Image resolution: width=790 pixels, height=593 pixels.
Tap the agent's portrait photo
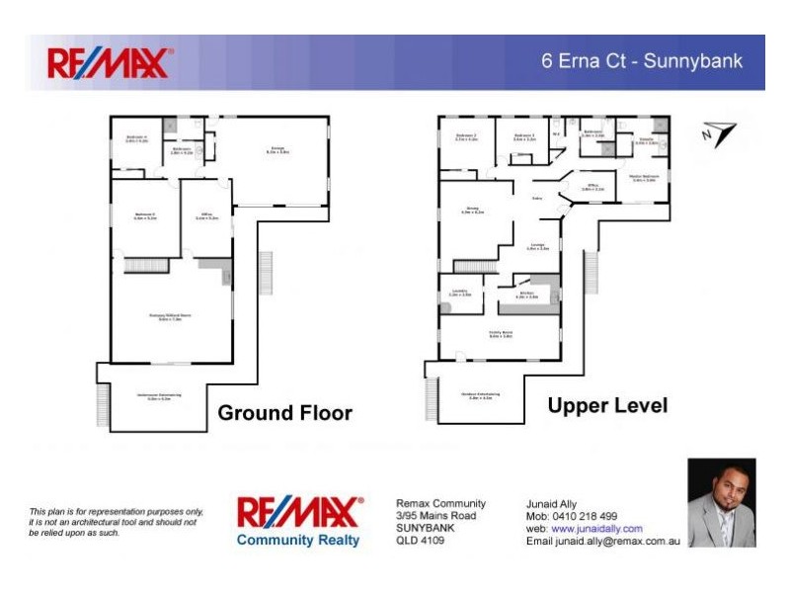pos(721,503)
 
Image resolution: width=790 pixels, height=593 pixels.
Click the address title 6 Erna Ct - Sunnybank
pos(641,61)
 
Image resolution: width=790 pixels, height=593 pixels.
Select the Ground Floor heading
pos(284,413)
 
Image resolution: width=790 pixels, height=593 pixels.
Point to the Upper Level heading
pos(607,406)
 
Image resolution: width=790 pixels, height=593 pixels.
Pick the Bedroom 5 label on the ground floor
pos(145,216)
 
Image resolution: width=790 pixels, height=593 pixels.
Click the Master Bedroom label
pos(643,179)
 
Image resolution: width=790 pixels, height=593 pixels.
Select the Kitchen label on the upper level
pos(526,295)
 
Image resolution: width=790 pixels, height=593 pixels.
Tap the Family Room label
pos(501,334)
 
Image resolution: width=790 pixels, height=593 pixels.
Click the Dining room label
pos(472,212)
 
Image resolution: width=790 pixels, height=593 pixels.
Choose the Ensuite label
pos(646,141)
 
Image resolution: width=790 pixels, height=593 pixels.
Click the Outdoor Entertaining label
pos(480,395)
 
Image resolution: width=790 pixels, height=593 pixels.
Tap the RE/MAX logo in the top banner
pos(110,63)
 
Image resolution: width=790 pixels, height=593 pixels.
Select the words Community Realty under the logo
pos(298,540)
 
